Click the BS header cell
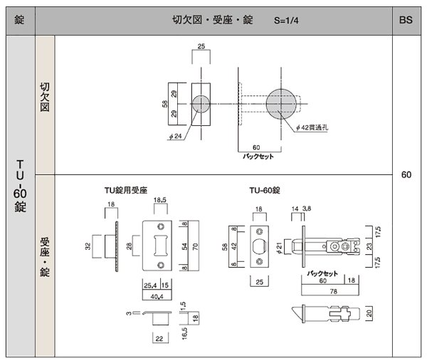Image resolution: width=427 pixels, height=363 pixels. click(406, 21)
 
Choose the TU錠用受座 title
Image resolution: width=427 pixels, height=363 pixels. click(125, 191)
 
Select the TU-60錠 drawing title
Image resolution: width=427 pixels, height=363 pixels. click(265, 191)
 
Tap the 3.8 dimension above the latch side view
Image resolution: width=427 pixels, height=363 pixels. click(307, 208)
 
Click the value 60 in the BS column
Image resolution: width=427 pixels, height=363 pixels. click(406, 174)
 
